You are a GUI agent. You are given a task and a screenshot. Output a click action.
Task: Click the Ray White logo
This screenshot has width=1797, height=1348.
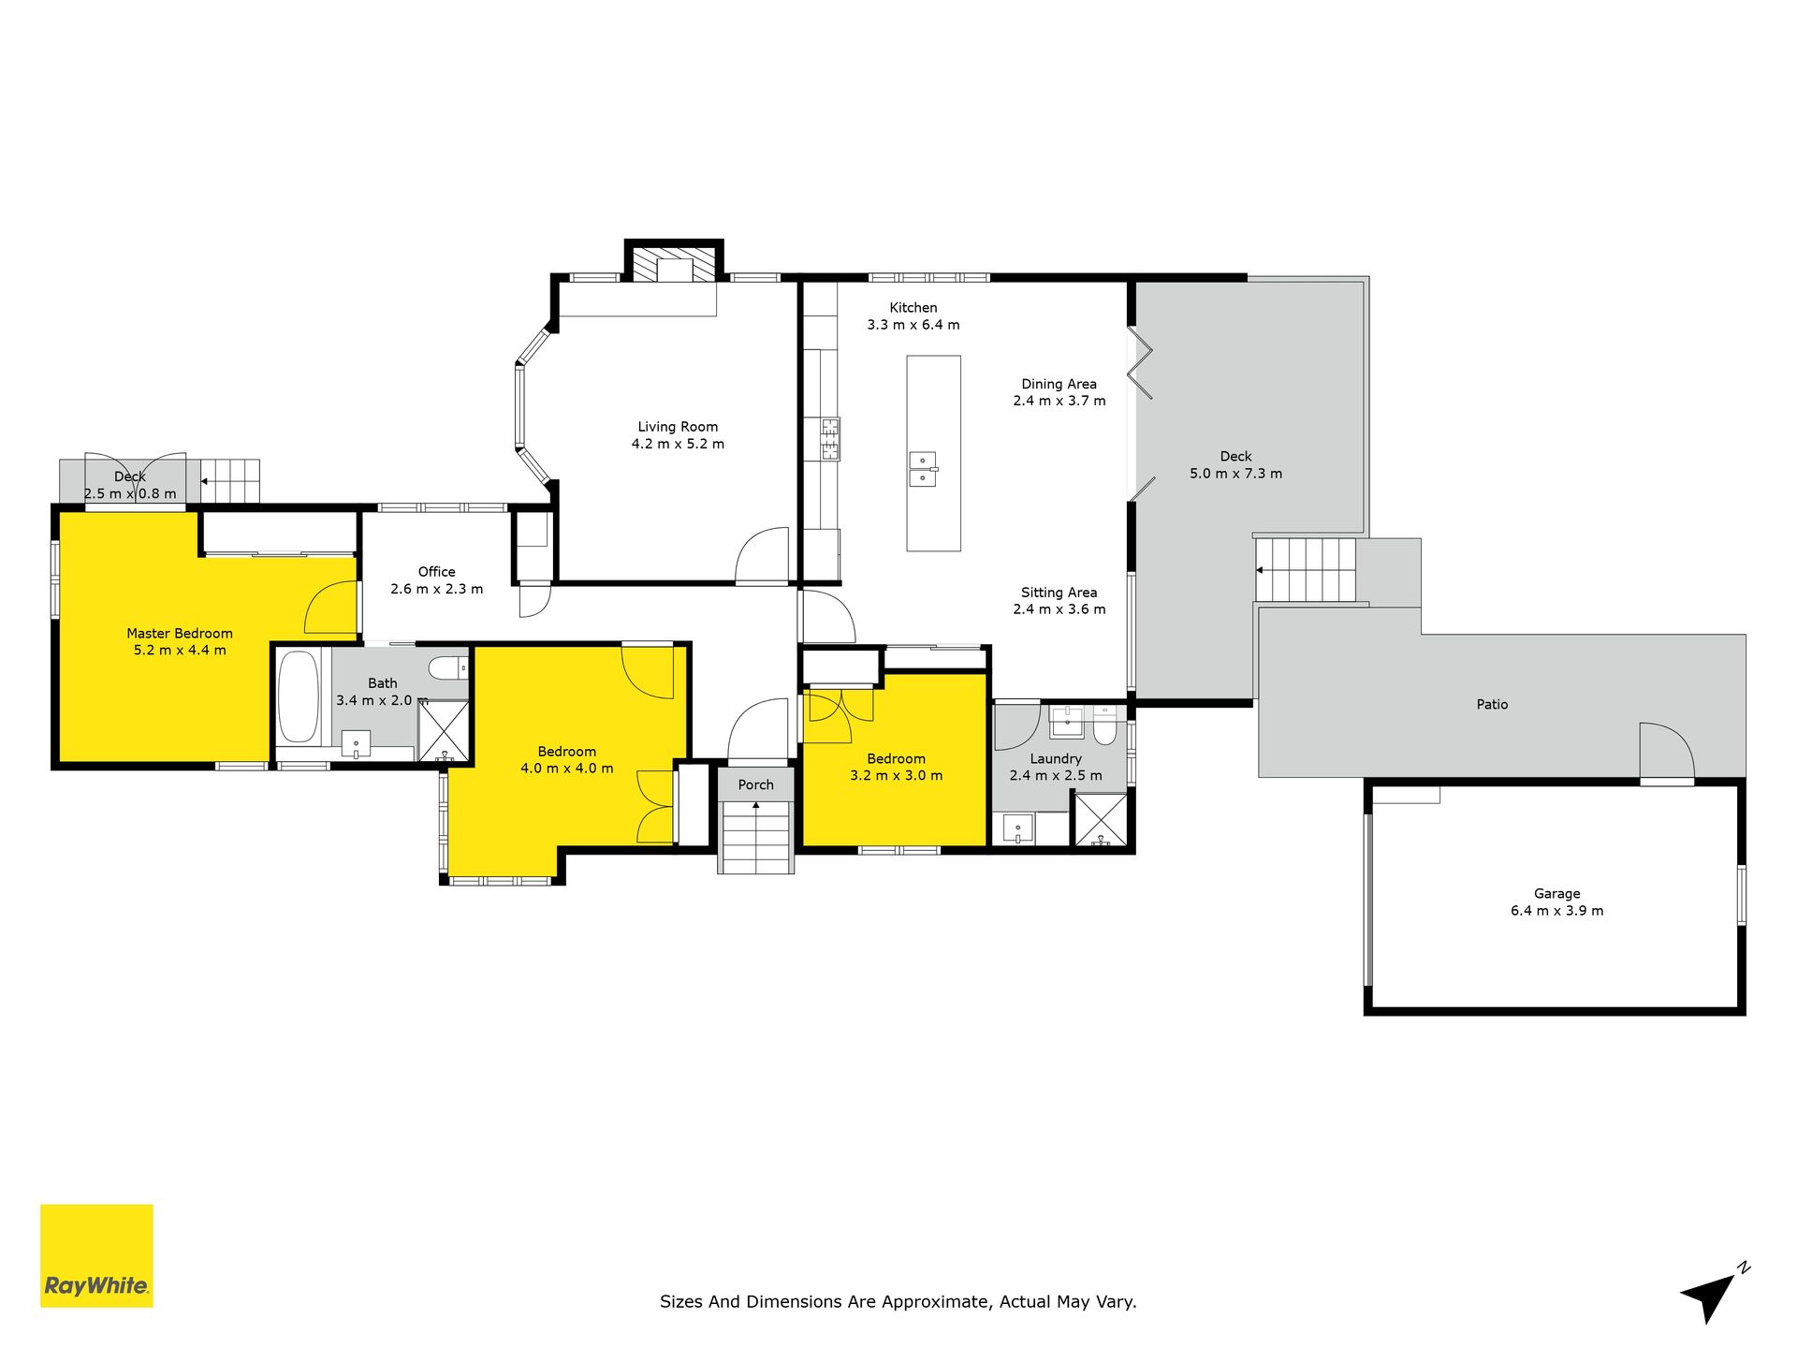96,1255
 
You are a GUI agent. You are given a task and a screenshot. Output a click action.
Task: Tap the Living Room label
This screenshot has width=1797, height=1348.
678,427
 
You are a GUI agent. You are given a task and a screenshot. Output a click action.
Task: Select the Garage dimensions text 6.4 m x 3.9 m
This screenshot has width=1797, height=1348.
1556,911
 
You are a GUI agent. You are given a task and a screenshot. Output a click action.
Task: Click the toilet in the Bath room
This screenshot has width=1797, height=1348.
447,668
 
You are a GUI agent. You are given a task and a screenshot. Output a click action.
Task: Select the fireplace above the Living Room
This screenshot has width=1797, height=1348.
674,264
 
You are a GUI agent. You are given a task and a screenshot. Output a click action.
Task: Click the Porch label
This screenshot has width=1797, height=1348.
756,785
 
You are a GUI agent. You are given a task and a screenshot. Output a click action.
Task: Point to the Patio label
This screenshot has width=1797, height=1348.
1492,705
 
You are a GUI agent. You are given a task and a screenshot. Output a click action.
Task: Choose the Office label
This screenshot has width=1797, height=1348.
437,572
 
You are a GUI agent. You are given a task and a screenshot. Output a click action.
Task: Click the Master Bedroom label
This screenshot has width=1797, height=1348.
180,634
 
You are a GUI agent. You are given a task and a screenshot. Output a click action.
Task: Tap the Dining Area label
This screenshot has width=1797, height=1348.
1059,384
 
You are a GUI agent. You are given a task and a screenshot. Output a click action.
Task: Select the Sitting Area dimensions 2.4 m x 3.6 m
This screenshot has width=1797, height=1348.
1059,609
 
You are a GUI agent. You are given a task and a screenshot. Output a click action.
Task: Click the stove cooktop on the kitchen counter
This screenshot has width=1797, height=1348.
830,439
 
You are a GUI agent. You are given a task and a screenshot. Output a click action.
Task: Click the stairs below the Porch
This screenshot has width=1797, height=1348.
756,838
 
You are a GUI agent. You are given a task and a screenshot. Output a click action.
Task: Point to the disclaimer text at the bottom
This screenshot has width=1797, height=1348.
898,1301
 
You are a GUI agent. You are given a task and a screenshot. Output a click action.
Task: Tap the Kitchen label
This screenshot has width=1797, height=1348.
913,308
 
